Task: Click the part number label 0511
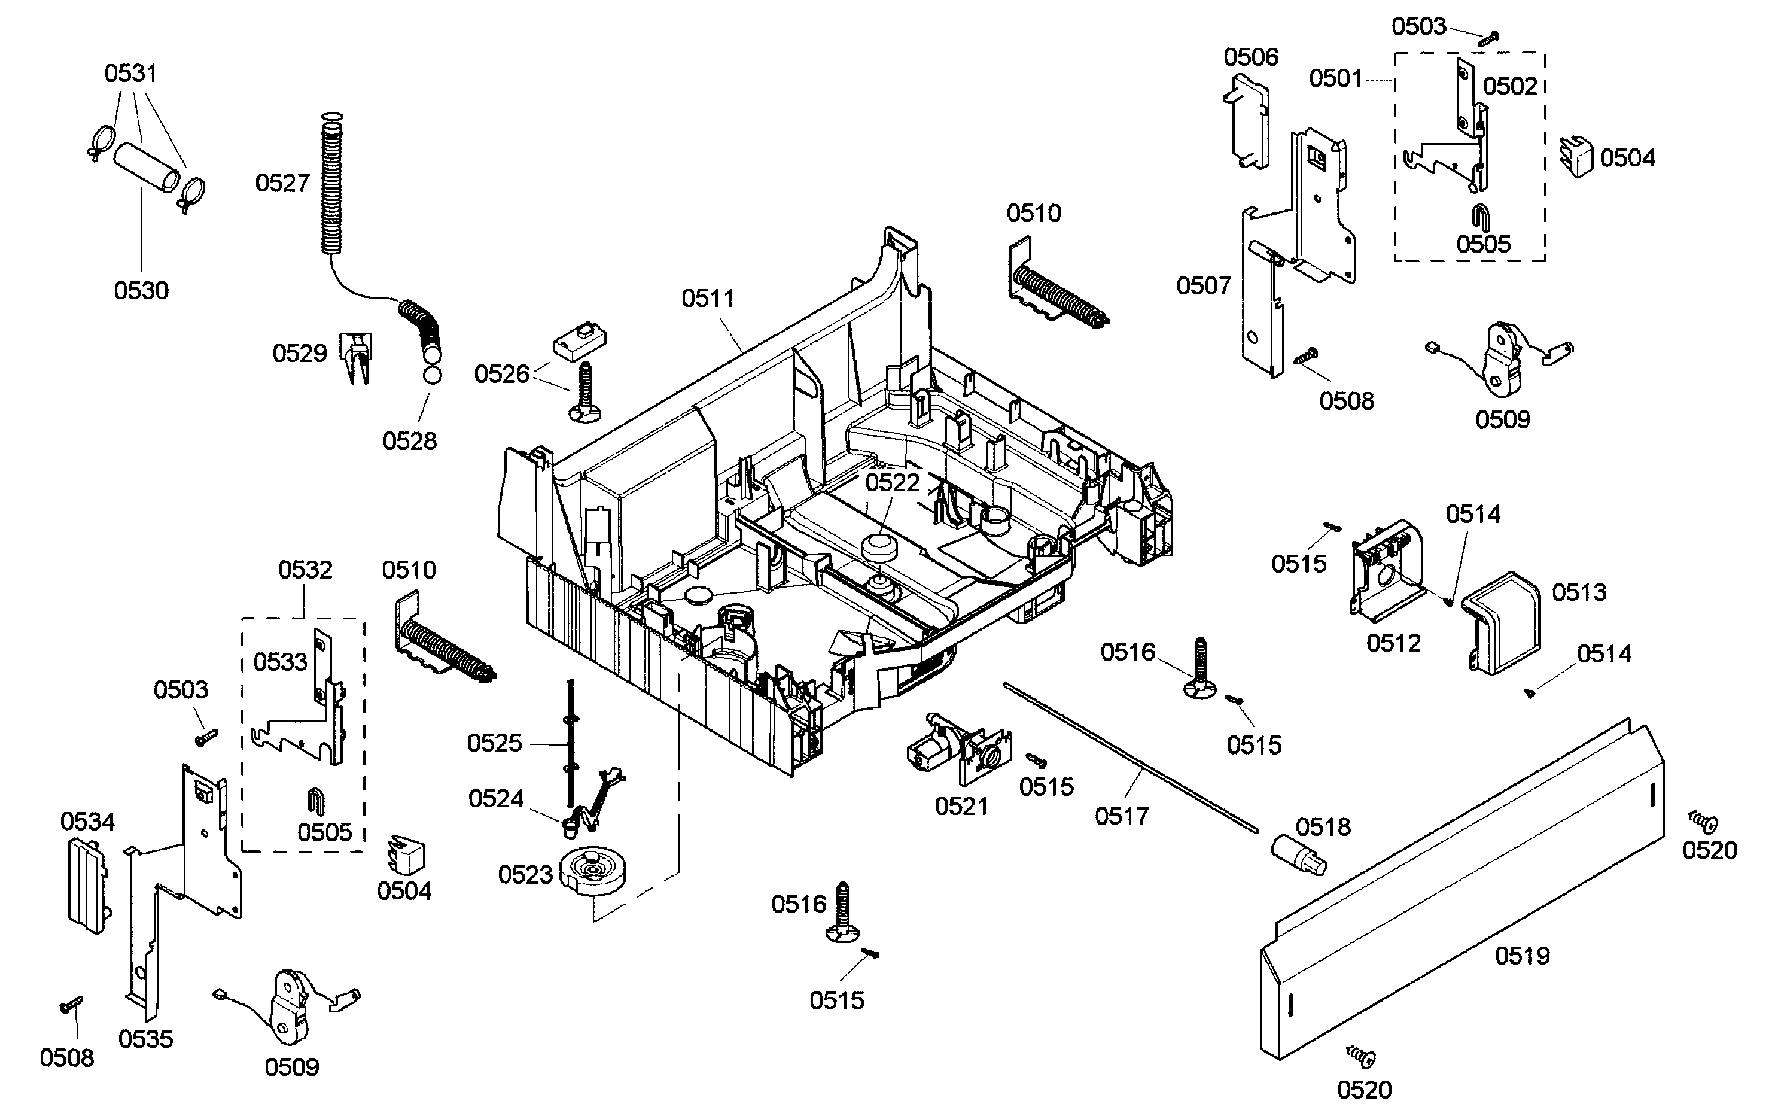(707, 299)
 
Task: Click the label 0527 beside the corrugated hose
(282, 183)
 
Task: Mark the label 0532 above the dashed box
(305, 570)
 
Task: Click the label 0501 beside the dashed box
(1335, 78)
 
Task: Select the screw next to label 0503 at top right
(1487, 38)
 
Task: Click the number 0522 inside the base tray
(892, 483)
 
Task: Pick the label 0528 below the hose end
(409, 441)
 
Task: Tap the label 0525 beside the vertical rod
(494, 743)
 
